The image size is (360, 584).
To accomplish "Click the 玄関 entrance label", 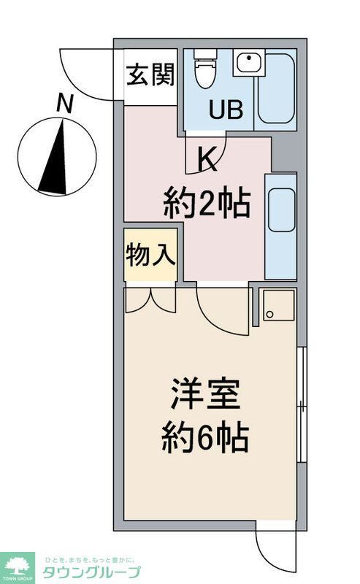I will click(150, 75).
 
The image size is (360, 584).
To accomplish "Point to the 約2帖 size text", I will click(207, 201).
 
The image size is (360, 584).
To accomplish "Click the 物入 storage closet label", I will click(150, 255).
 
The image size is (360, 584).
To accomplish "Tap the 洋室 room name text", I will click(206, 397).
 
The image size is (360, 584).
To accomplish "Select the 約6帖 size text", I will click(205, 439).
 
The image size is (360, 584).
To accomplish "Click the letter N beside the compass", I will click(65, 104).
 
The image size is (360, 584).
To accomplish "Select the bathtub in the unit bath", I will click(276, 89).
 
